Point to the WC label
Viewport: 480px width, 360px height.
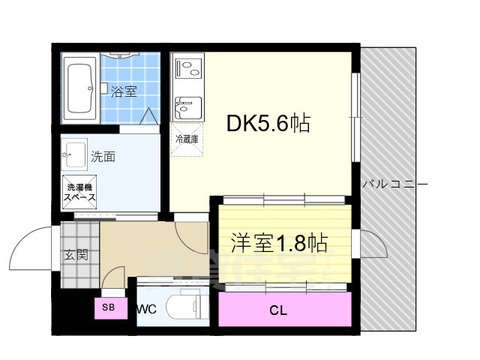tap(147, 309)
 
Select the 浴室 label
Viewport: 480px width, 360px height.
tap(124, 92)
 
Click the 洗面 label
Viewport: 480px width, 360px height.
tap(103, 157)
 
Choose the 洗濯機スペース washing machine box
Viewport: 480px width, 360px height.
tap(79, 192)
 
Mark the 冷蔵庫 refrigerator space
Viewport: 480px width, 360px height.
tap(187, 139)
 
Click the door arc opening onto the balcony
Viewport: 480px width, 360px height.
tap(373, 244)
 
